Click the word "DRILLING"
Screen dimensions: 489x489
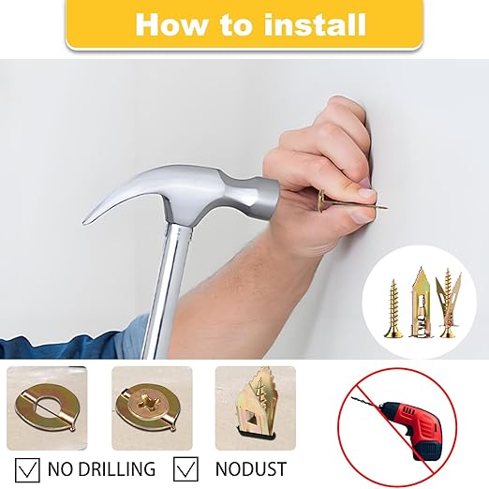click(114, 468)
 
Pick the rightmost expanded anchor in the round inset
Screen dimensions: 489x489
click(449, 303)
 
